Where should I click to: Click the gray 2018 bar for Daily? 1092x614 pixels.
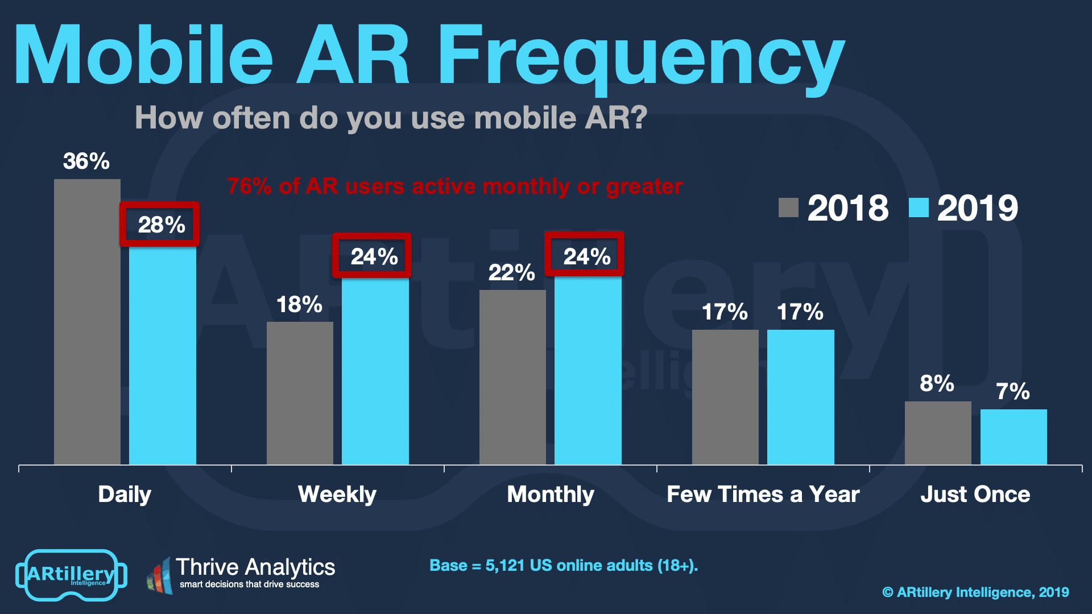tap(87, 321)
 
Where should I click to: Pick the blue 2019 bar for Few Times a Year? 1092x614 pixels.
tap(800, 397)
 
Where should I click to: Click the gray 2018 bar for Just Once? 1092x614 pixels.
tap(938, 433)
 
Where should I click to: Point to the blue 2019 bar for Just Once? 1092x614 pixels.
tap(1014, 437)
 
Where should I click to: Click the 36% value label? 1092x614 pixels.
tap(86, 161)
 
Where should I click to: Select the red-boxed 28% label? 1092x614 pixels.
tap(160, 225)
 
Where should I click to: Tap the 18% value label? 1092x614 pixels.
tap(299, 305)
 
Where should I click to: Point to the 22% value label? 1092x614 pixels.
tap(511, 273)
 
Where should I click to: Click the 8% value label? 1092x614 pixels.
tap(937, 384)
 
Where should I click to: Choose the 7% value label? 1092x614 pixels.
tap(1012, 392)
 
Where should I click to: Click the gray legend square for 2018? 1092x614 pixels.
tap(788, 208)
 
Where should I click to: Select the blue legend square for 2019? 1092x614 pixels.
tap(919, 208)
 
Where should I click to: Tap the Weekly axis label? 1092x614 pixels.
tap(337, 495)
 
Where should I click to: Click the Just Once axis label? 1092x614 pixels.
tap(975, 495)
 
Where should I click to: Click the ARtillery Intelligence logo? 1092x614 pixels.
tap(71, 575)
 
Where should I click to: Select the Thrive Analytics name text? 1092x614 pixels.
tap(255, 567)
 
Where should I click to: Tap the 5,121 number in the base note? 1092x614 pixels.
tap(504, 566)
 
